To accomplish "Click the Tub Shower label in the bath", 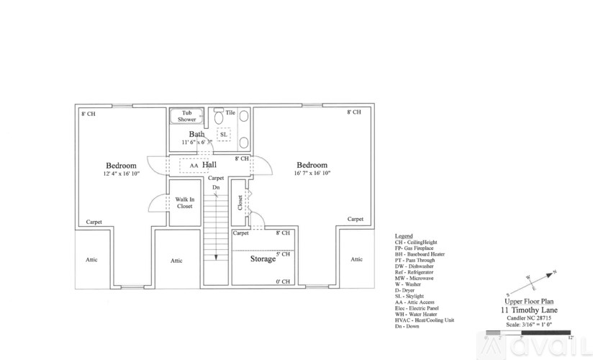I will tap(187, 116).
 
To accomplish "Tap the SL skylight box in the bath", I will tap(223, 135).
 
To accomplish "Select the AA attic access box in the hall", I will tap(194, 166).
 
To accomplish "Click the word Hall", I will tap(210, 165).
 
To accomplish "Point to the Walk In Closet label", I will tap(184, 202).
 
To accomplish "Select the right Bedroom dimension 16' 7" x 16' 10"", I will tap(312, 174).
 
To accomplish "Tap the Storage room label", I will tap(263, 258).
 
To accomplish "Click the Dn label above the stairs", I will tap(216, 187).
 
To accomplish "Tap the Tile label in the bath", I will tap(230, 113).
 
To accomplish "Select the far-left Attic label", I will tap(91, 260).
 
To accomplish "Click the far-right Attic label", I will tap(356, 260).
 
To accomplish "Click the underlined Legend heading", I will tap(404, 236).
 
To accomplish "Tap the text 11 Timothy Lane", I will tap(530, 310).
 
